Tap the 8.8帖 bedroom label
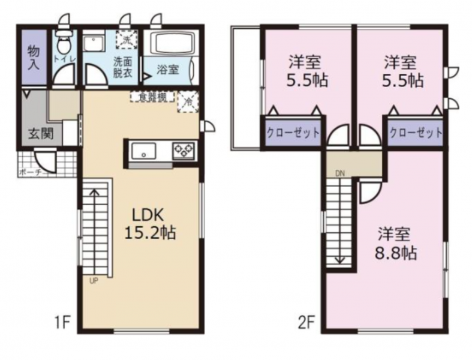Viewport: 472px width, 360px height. tap(393, 243)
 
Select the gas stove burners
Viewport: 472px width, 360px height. tap(184, 150)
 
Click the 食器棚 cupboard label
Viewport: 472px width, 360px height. tap(153, 96)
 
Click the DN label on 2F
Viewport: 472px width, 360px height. tap(340, 174)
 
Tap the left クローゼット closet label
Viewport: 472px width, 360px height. tap(292, 133)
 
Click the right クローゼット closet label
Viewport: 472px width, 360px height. tap(416, 133)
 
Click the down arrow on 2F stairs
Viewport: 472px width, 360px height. tap(340, 259)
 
